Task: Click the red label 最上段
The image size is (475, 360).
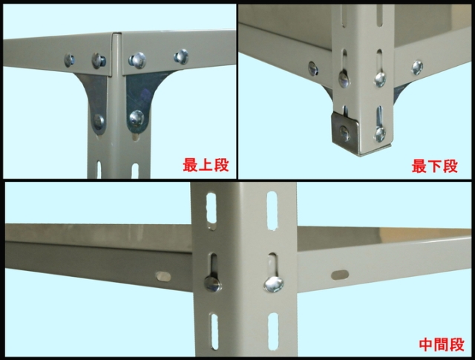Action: [206, 166]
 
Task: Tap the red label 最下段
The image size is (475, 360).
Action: [435, 166]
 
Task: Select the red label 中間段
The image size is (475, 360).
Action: [442, 345]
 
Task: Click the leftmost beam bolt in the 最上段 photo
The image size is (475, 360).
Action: [69, 60]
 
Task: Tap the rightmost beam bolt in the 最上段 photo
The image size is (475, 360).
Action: [181, 56]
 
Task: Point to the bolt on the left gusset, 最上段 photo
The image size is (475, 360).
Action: [99, 122]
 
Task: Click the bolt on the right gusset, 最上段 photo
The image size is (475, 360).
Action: [137, 118]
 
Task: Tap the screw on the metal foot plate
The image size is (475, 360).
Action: [344, 133]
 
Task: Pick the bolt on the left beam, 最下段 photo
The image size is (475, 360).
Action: [313, 68]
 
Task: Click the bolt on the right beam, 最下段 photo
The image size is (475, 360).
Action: [417, 68]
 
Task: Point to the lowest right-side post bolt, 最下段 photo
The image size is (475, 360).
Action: [379, 134]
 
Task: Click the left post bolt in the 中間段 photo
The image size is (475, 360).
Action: [212, 284]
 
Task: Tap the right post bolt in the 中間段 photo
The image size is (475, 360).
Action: [274, 284]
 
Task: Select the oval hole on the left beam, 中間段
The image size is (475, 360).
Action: [163, 276]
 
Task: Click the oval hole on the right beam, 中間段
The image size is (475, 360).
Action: [340, 275]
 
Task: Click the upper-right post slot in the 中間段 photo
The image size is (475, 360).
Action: [272, 210]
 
